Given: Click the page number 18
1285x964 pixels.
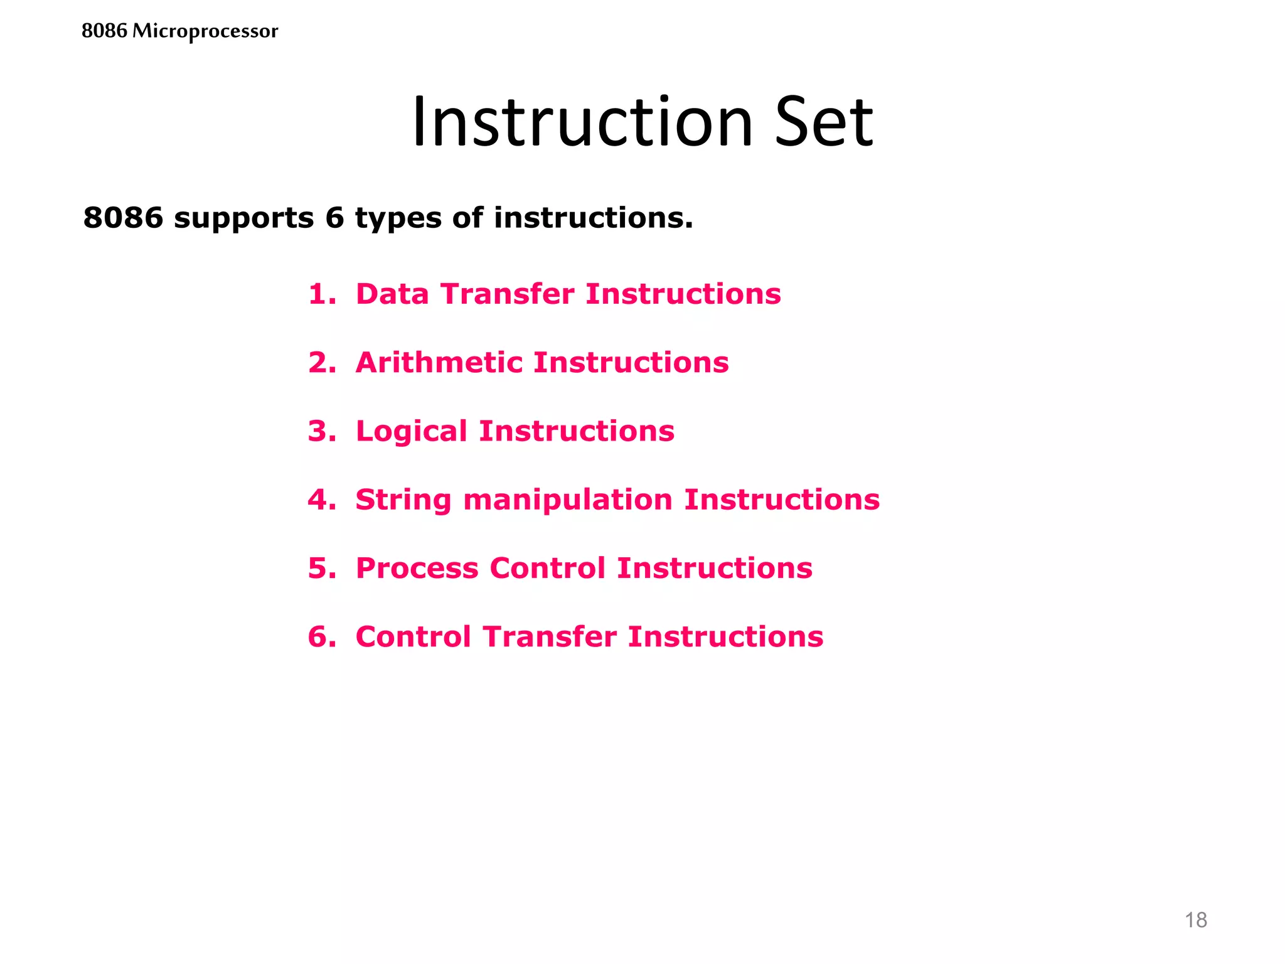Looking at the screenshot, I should click(x=1195, y=920).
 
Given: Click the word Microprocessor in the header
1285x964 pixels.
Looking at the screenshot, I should click(x=205, y=31).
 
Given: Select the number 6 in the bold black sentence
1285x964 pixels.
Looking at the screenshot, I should click(x=334, y=218).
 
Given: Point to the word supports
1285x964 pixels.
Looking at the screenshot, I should click(x=243, y=219).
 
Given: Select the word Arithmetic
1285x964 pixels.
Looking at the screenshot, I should click(x=439, y=362).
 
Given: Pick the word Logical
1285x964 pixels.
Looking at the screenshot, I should click(x=411, y=432).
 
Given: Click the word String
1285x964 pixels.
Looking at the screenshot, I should click(x=403, y=500).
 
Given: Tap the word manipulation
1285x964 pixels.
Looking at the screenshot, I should click(x=567, y=500).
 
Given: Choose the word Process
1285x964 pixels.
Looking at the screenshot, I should click(x=417, y=568).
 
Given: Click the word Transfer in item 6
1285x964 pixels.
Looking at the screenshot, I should click(x=550, y=636).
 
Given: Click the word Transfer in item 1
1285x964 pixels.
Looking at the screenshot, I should click(x=507, y=294).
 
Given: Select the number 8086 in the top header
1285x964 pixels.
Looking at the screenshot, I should click(x=104, y=31).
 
